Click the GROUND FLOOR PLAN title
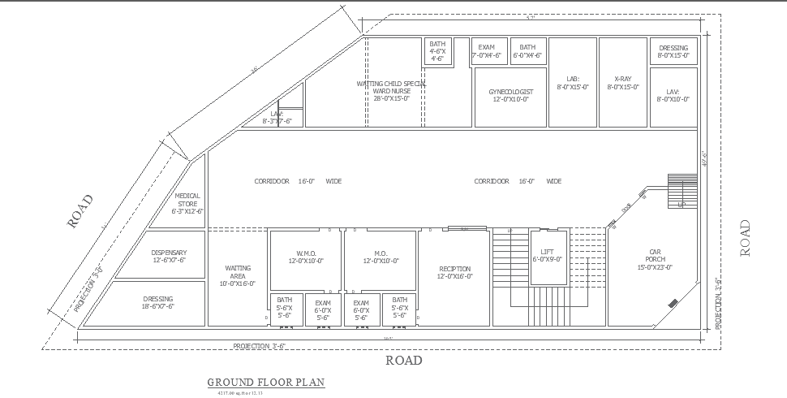(266, 382)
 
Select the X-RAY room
(622, 83)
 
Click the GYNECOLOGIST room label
(510, 95)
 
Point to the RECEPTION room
(454, 272)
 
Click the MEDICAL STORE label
(187, 203)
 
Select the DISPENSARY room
(169, 256)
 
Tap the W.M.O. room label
(306, 257)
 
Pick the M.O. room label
(381, 257)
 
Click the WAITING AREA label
(238, 275)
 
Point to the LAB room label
(573, 83)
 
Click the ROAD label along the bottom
(403, 360)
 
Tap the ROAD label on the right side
(746, 238)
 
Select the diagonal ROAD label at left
(80, 210)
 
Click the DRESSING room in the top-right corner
(673, 52)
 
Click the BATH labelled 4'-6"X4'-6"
(437, 51)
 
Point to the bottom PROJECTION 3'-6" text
(260, 346)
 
